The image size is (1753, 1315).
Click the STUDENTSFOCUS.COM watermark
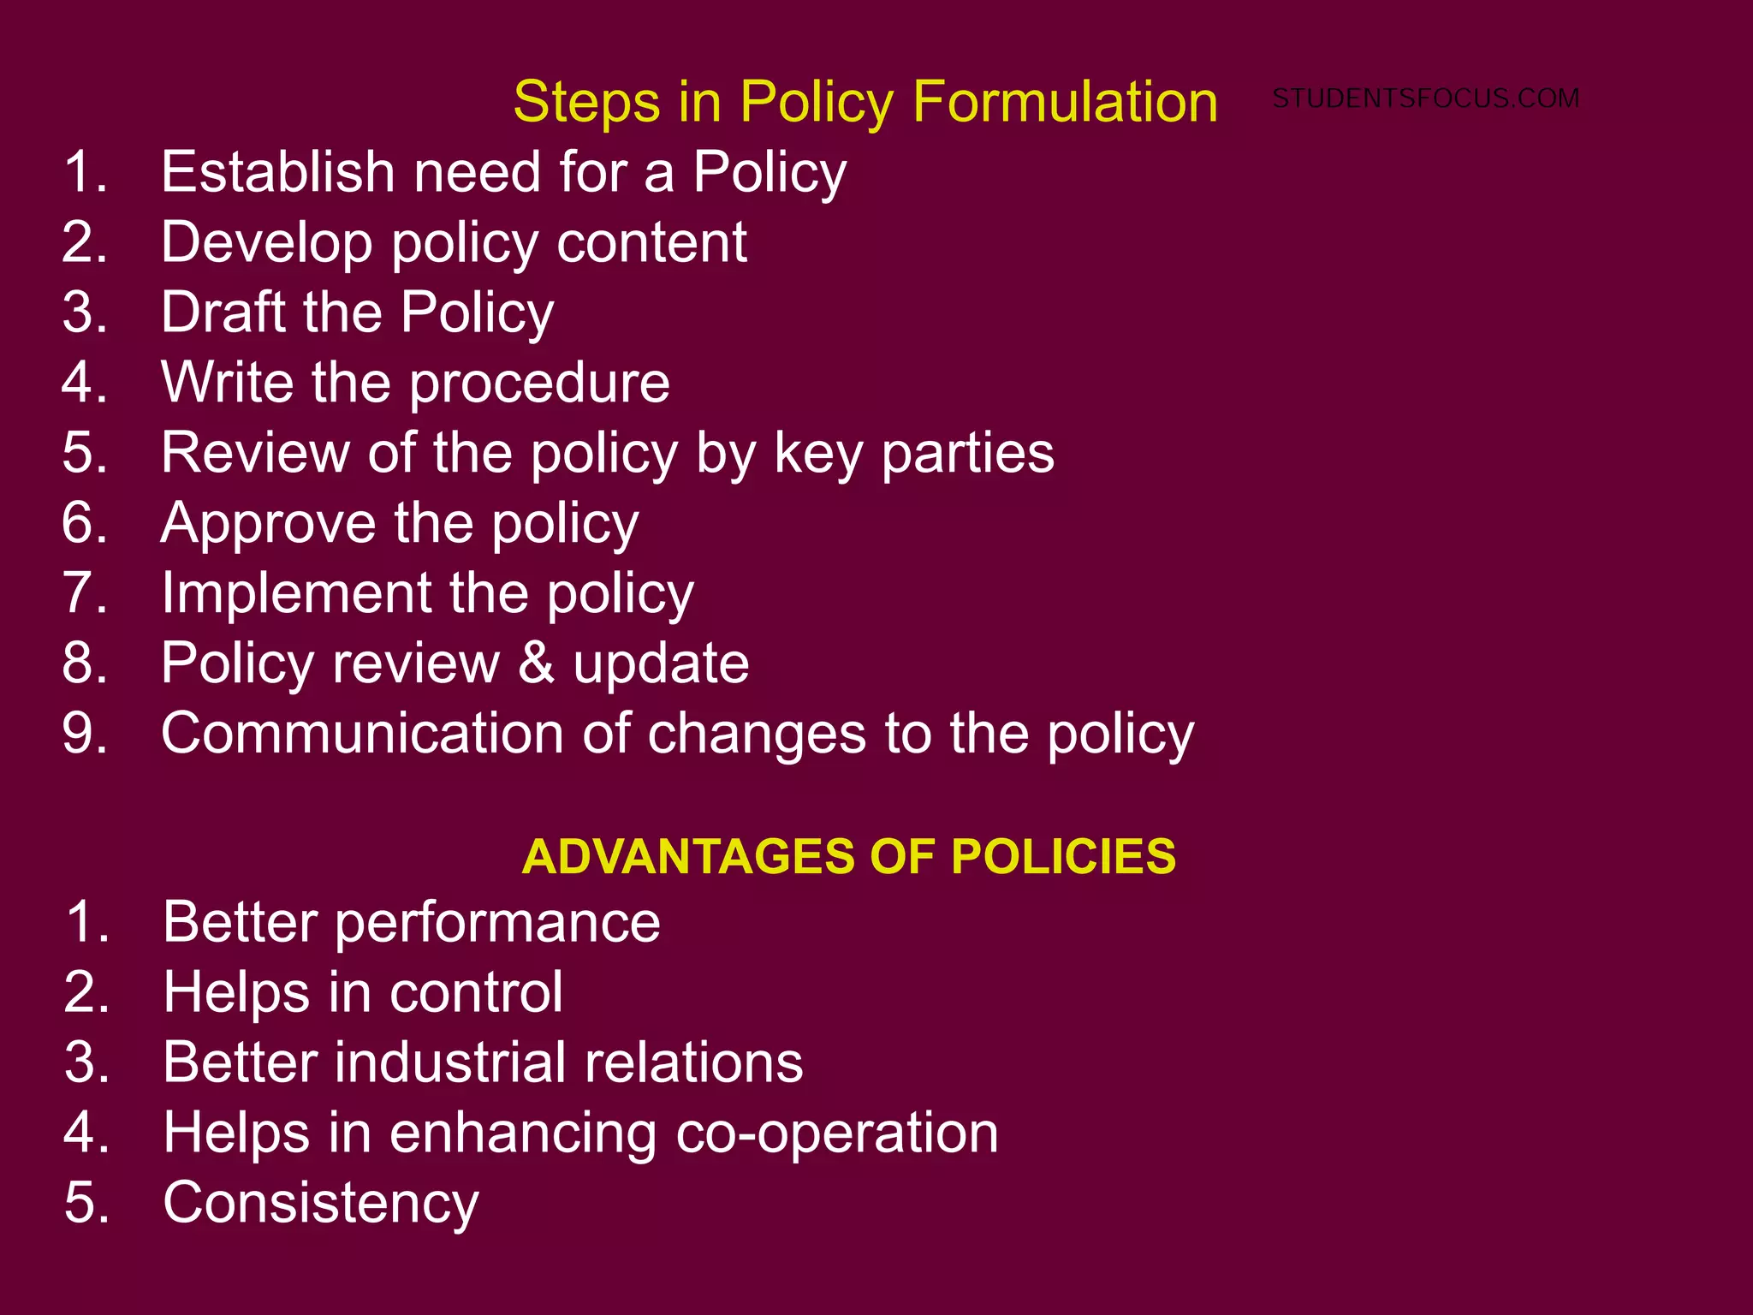click(x=1425, y=98)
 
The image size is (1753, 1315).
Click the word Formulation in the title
click(x=1065, y=102)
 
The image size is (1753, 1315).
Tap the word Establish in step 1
click(x=277, y=171)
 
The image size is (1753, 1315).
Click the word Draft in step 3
click(x=222, y=312)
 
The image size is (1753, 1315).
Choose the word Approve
click(x=267, y=524)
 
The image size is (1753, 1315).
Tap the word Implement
click(x=296, y=593)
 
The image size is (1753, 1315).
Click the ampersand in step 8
click(x=536, y=663)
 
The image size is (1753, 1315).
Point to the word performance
click(x=497, y=923)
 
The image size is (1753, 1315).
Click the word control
click(x=476, y=992)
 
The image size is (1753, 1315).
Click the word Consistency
click(x=321, y=1203)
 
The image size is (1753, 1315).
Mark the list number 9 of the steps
click(x=84, y=734)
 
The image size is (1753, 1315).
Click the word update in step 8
click(x=661, y=663)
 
